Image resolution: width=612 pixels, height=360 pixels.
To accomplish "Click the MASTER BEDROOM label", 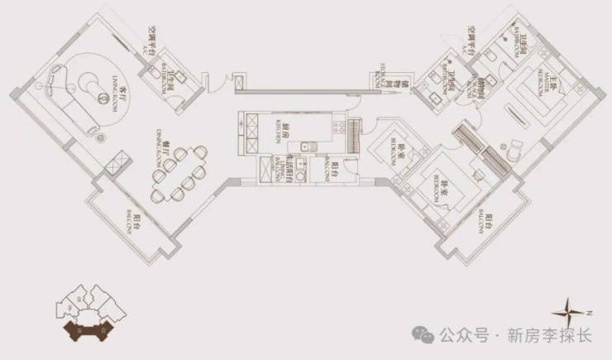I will pos(552,88).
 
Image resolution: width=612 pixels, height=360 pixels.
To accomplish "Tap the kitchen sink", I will pos(306,148).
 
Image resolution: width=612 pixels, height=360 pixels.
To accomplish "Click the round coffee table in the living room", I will pos(90,81).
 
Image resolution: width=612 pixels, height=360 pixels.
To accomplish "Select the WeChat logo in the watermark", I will pos(425,335).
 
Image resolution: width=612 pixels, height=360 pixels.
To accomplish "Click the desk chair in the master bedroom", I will pos(514,150).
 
